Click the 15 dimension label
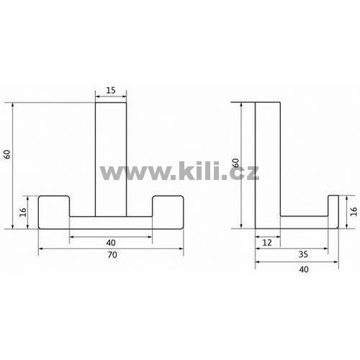click(111, 90)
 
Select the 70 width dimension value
click(112, 255)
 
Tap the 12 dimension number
click(267, 243)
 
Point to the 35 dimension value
click(303, 254)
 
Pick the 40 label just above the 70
click(111, 243)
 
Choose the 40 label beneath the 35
click(304, 269)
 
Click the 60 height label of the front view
click(7, 154)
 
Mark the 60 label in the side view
click(236, 163)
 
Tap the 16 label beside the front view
click(23, 212)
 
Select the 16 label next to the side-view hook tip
click(354, 212)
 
